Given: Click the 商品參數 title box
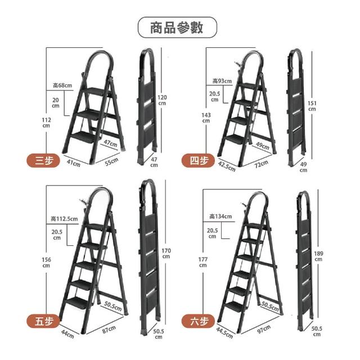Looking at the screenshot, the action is [x=177, y=28].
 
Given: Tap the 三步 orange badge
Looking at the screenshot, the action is [x=43, y=160].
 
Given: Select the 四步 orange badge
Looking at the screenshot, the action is [x=198, y=160].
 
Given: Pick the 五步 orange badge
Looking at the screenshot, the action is [x=43, y=321].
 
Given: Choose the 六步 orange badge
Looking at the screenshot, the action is [x=198, y=321].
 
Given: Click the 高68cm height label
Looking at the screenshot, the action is [x=62, y=85].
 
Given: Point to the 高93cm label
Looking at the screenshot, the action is [x=222, y=81].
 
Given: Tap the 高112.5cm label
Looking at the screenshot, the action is [x=64, y=219].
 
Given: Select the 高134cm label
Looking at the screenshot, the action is [x=220, y=216].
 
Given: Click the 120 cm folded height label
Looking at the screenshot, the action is [x=162, y=100].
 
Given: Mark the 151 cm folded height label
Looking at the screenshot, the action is [x=312, y=106].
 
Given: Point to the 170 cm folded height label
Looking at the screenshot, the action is [x=166, y=253].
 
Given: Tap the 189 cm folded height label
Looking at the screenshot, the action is [x=318, y=256].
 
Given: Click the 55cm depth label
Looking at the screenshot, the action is [x=111, y=161].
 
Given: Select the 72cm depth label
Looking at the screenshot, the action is [x=261, y=164].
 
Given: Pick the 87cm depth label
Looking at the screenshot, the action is [x=109, y=329].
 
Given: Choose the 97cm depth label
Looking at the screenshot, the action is [x=264, y=328].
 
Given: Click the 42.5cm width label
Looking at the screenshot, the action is [x=227, y=166].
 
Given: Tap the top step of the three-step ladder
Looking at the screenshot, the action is [x=97, y=91].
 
